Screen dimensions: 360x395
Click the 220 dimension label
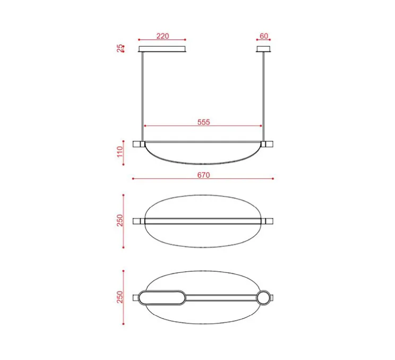point(162,36)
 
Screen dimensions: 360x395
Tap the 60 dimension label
point(264,36)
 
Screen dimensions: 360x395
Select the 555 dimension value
point(204,122)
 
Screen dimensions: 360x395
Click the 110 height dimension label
point(120,153)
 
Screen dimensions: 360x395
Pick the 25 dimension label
point(120,49)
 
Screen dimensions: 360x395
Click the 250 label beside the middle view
point(120,220)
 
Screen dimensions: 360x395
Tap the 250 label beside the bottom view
point(120,297)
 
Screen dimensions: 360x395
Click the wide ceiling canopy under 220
point(162,49)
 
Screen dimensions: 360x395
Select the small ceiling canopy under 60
point(263,49)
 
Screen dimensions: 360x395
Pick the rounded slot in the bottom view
point(162,297)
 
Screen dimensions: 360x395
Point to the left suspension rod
point(142,96)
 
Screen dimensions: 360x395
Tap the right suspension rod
point(263,96)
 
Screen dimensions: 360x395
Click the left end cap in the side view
point(138,144)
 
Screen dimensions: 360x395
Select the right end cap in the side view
point(268,144)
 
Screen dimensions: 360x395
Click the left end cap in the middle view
point(138,221)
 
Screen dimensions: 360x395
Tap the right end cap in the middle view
point(269,221)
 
